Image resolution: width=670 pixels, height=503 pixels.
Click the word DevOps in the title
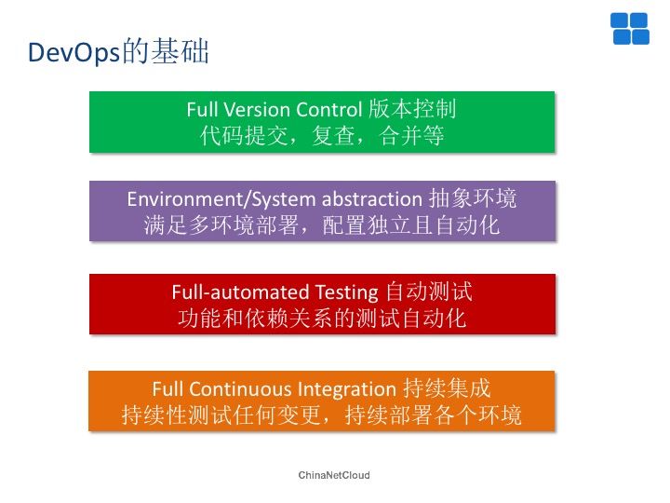pyautogui.click(x=74, y=52)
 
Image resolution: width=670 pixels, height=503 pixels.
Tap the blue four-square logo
pyautogui.click(x=630, y=29)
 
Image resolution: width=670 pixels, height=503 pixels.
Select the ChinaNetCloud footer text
pyautogui.click(x=334, y=475)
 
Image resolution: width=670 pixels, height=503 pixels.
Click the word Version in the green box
pyautogui.click(x=257, y=110)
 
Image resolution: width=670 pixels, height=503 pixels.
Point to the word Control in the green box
pyautogui.click(x=329, y=110)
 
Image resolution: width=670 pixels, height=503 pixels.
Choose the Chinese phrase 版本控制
pyautogui.click(x=412, y=109)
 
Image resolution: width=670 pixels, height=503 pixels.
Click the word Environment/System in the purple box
pyautogui.click(x=221, y=199)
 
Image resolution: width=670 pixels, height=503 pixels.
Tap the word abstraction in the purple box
pyautogui.click(x=372, y=199)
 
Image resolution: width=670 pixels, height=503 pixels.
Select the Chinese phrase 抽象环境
pyautogui.click(x=472, y=198)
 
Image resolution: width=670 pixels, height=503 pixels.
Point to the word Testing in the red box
pyautogui.click(x=347, y=293)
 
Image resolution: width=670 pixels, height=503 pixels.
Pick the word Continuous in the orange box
pyautogui.click(x=241, y=389)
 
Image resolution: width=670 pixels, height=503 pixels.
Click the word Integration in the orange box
pyautogui.click(x=347, y=390)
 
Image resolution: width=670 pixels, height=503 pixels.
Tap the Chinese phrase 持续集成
pyautogui.click(x=447, y=388)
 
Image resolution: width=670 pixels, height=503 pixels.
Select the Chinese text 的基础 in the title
pyautogui.click(x=166, y=52)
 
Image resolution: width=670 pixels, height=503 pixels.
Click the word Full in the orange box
pyautogui.click(x=167, y=389)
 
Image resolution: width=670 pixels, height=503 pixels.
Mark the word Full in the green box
pyautogui.click(x=202, y=110)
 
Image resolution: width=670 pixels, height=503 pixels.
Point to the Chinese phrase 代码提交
pyautogui.click(x=244, y=136)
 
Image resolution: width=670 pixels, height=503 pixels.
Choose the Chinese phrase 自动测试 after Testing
pyautogui.click(x=429, y=292)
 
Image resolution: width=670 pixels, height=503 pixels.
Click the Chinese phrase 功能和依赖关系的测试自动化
pyautogui.click(x=322, y=319)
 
